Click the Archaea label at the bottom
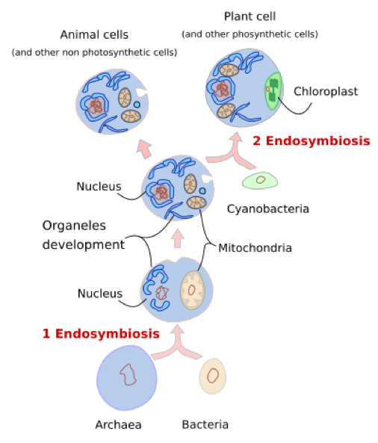pos(118,425)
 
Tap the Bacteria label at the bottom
pos(205,425)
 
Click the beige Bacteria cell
pos(213,375)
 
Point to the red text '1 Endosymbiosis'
pos(100,333)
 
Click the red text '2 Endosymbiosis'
pos(311,140)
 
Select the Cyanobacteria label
pos(267,208)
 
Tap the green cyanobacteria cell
pos(260,179)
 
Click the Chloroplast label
pos(325,92)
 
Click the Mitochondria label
pos(255,247)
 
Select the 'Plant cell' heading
pos(250,16)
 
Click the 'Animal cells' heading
pos(94,34)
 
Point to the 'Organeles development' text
pos(83,235)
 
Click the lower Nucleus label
pos(99,294)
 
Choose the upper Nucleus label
pos(99,185)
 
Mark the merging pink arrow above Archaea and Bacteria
pos(177,341)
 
